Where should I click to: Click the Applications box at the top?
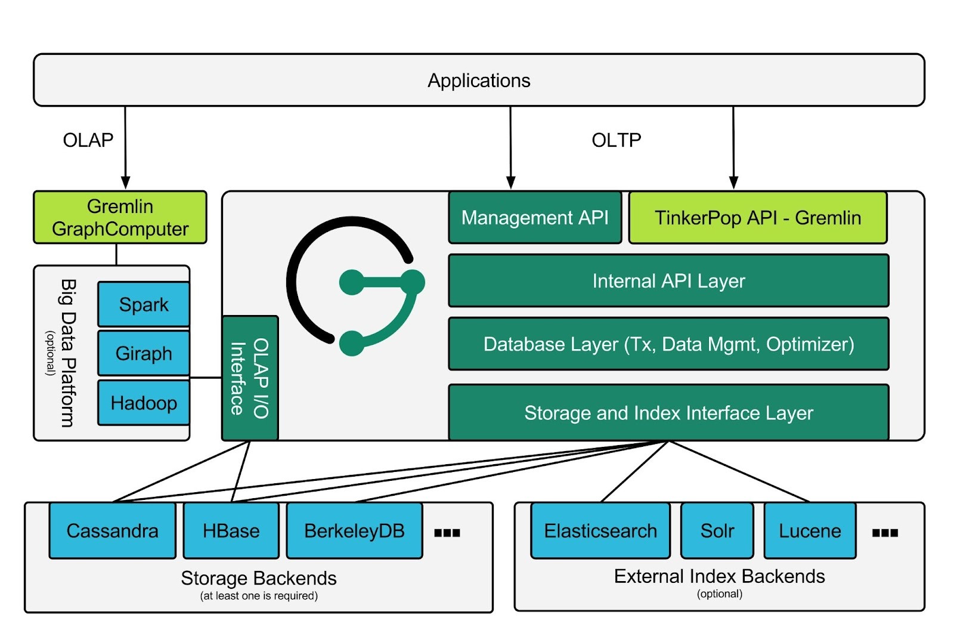pos(479,80)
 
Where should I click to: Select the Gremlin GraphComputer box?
pos(120,217)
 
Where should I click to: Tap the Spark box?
pos(144,304)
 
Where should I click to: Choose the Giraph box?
pos(144,353)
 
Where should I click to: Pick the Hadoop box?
pos(144,403)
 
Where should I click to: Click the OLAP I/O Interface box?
pos(250,378)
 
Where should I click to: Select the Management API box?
pos(535,218)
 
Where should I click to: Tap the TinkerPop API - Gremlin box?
pos(758,218)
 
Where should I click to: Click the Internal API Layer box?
pos(668,280)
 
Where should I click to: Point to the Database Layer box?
pos(668,344)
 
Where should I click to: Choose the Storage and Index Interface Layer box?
pos(668,413)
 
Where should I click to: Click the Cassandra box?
pos(112,530)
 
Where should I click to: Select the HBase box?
pos(231,530)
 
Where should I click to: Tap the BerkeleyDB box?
pos(354,530)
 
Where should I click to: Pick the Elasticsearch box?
pos(600,530)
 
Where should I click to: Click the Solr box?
pos(717,530)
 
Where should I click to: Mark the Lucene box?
pos(810,530)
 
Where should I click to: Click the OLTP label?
pos(616,140)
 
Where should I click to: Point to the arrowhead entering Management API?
pos(510,183)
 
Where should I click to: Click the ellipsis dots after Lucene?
pos(885,533)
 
